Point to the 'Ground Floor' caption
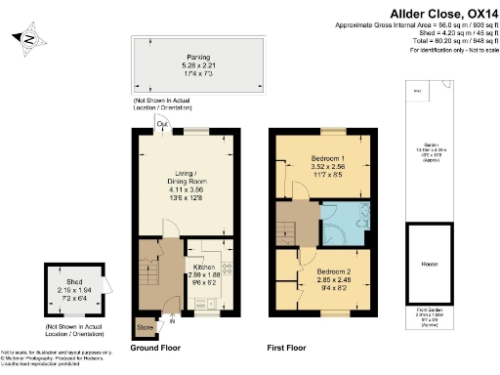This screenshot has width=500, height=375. click(x=158, y=347)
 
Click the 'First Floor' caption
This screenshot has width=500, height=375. click(x=290, y=347)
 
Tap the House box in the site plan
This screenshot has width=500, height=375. click(x=429, y=264)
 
